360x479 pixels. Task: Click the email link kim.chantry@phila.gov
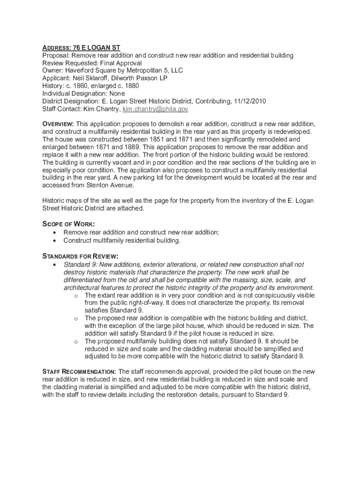tap(155, 109)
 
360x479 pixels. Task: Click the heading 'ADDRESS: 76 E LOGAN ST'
tap(81, 48)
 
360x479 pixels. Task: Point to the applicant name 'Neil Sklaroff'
tap(93, 78)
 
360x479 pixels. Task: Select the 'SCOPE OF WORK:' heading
tap(69, 224)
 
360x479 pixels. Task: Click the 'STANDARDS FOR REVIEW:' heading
tap(80, 256)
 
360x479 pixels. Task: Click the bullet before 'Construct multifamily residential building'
tap(56, 240)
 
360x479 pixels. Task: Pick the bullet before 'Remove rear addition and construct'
tap(56, 232)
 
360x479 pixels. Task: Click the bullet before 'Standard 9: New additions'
tap(56, 264)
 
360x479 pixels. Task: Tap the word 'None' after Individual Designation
tap(117, 94)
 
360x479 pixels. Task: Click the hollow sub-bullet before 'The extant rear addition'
tap(76, 295)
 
